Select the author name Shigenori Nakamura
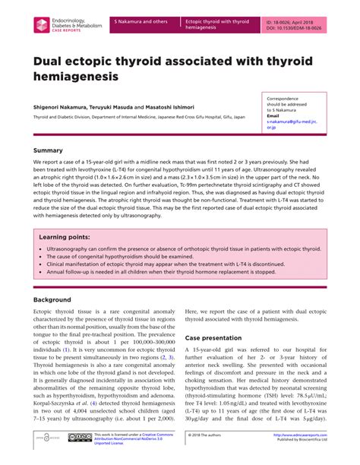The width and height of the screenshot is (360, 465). tap(62, 108)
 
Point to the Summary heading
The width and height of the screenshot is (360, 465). tap(48, 150)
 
